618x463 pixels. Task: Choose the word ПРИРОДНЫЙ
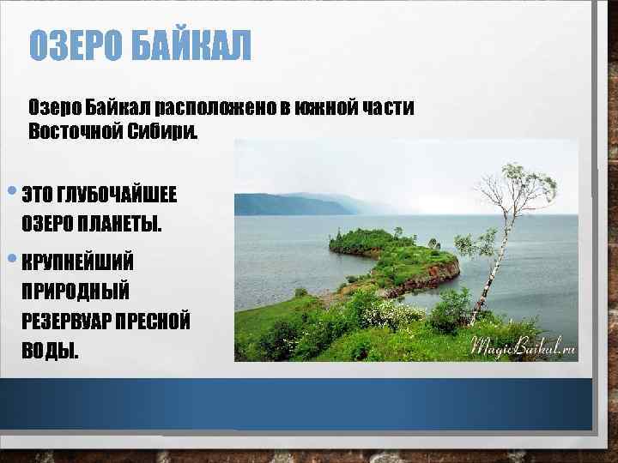75,291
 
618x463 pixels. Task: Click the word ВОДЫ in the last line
49,352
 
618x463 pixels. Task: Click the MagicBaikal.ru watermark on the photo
521,347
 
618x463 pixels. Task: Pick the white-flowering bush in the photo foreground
391,314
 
